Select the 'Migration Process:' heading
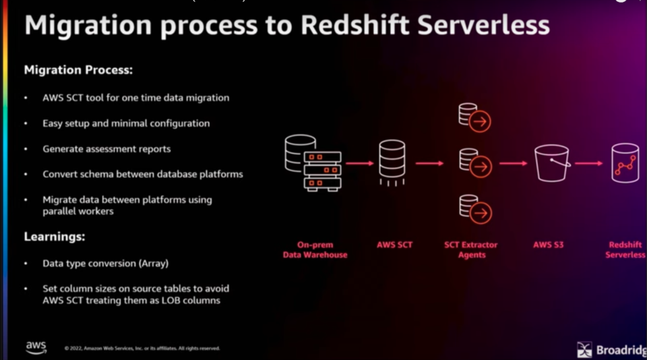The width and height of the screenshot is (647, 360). pyautogui.click(x=78, y=69)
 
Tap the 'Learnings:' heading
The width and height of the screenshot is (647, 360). pyautogui.click(x=55, y=237)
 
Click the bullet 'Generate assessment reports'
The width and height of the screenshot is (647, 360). pyautogui.click(x=106, y=148)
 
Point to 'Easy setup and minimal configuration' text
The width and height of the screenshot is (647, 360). pyautogui.click(x=126, y=123)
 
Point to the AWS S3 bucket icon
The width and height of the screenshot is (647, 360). pyautogui.click(x=552, y=162)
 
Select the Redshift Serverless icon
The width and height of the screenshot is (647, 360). pyautogui.click(x=625, y=162)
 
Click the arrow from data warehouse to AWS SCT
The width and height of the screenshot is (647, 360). pyautogui.click(x=360, y=163)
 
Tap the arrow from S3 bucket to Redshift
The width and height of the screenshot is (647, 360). pyautogui.click(x=588, y=163)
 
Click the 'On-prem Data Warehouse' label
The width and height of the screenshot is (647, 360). pyautogui.click(x=315, y=249)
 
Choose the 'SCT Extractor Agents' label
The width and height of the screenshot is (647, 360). pyautogui.click(x=472, y=249)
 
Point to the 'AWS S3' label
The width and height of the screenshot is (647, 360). pyautogui.click(x=548, y=245)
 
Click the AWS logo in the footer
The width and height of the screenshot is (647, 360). pyautogui.click(x=36, y=347)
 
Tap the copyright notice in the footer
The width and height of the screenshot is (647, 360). pyautogui.click(x=142, y=349)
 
